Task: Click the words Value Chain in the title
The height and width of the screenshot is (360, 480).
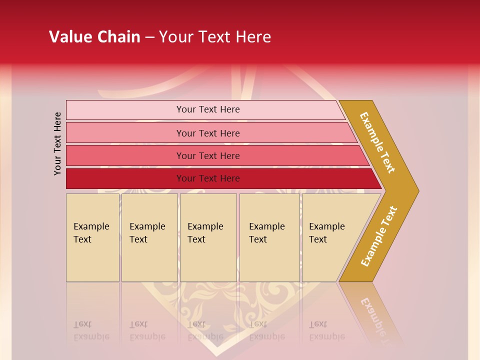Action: [x=94, y=37]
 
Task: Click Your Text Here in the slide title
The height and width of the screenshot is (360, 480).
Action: [x=215, y=37]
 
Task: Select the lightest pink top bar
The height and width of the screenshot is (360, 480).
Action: [x=125, y=110]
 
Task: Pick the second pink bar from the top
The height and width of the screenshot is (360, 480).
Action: [x=125, y=133]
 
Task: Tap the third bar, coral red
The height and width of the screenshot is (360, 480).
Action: [x=125, y=155]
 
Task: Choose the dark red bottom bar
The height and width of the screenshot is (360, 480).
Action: [x=125, y=178]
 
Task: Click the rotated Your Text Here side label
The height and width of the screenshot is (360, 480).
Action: [x=57, y=143]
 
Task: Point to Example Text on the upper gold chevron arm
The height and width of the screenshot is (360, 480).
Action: [x=378, y=142]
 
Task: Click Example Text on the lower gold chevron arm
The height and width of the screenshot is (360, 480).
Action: [x=378, y=236]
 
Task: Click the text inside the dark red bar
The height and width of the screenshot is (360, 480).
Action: [x=208, y=178]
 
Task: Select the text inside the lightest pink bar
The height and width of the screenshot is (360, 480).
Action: [x=208, y=109]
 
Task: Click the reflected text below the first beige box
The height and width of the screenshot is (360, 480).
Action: [x=91, y=331]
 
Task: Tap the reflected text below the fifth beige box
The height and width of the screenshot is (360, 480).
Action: [x=326, y=331]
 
